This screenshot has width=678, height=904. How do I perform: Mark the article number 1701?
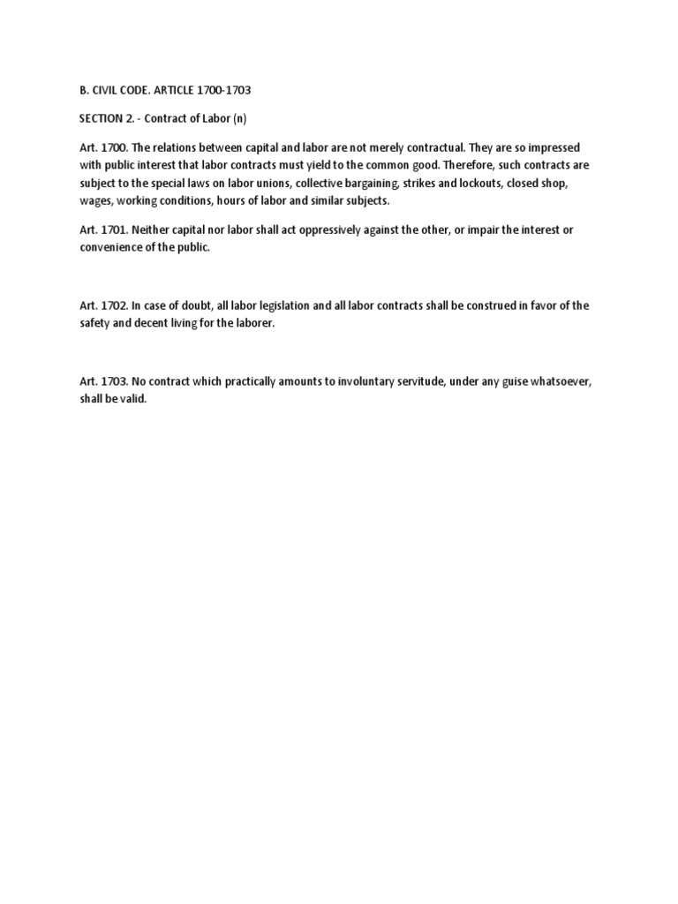click(x=112, y=230)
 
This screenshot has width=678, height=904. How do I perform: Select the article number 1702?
click(x=113, y=305)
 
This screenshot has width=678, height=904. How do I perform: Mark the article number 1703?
click(x=113, y=381)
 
